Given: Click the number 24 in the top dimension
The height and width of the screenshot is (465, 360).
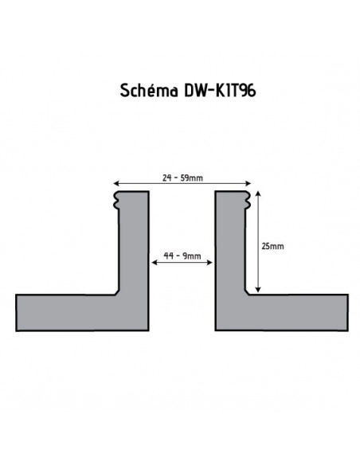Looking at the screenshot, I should coord(165,177).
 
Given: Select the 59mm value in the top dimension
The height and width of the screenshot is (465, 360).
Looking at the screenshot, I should coord(192,177).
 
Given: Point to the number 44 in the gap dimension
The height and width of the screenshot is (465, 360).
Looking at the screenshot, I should coord(168,256).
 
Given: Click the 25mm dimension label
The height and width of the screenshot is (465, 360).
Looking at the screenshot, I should coord(272,246).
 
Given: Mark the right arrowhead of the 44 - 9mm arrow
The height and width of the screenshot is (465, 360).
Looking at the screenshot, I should coord(209,264).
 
